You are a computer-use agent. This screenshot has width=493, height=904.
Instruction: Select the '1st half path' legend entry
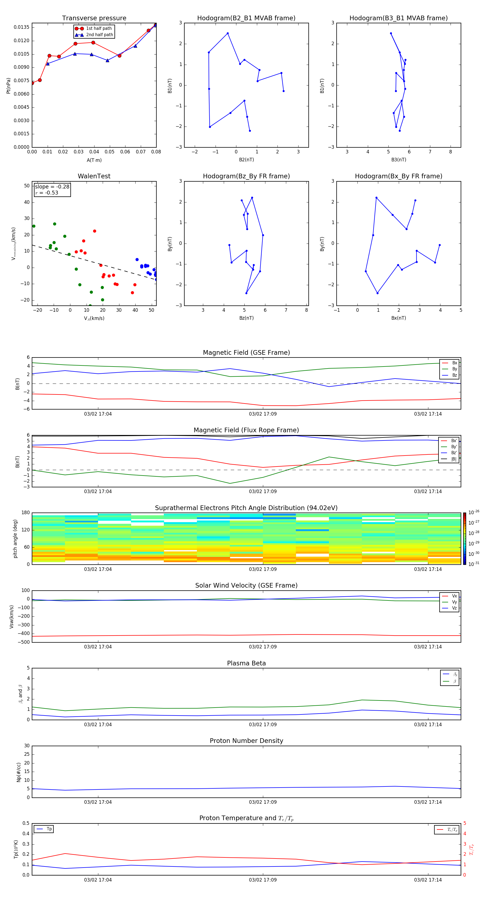tap(99, 28)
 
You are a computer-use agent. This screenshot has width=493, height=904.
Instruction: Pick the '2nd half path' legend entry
tap(99, 35)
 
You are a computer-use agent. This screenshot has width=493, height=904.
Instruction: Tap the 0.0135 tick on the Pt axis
tap(21, 27)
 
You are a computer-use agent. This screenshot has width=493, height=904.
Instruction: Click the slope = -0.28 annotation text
tap(52, 187)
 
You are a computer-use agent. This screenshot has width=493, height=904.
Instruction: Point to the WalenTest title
tap(94, 176)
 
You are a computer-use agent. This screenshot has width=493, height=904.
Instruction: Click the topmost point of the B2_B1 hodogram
tap(228, 33)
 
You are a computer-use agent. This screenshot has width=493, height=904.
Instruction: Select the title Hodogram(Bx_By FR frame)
tap(398, 176)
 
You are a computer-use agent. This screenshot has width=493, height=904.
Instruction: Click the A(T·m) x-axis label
tap(94, 160)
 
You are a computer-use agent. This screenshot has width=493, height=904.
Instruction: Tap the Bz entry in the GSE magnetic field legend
tap(454, 375)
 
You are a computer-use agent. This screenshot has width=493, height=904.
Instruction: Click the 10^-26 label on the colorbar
tap(474, 512)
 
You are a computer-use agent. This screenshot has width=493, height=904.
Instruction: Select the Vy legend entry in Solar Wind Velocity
tap(454, 602)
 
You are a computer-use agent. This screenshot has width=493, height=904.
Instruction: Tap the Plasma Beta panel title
tap(246, 663)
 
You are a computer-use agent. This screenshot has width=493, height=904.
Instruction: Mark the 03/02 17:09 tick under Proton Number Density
tap(263, 802)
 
